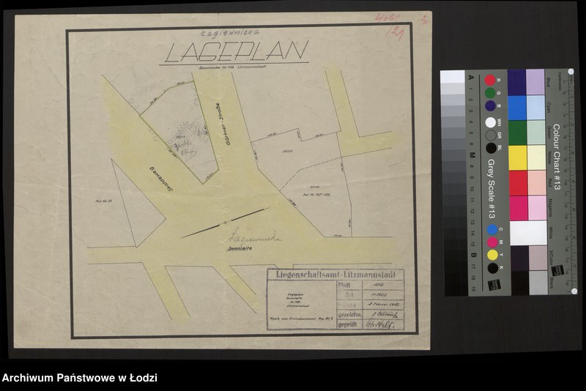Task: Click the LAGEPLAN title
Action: (236, 52)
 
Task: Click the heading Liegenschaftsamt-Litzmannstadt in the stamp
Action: (336, 275)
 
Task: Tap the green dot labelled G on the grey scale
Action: (490, 93)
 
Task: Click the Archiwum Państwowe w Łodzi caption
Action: (79, 378)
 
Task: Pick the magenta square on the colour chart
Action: (517, 207)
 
